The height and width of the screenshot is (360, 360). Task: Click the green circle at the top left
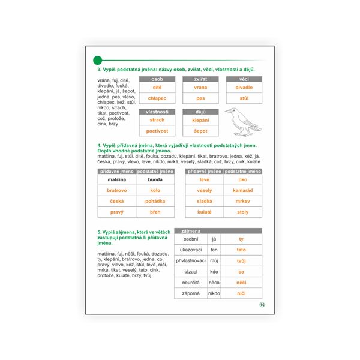click(x=98, y=59)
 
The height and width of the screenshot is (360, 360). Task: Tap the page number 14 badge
click(x=262, y=304)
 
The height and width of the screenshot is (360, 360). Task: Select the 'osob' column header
click(x=157, y=79)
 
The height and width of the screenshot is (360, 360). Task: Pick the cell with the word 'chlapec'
click(x=157, y=98)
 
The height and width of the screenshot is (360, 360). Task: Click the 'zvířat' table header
click(x=200, y=79)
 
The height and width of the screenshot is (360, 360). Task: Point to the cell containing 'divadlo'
click(x=244, y=88)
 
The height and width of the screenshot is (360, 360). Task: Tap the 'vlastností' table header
click(x=157, y=112)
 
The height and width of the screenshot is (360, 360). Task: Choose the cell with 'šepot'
click(x=200, y=131)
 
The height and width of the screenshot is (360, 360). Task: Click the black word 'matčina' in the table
click(x=116, y=179)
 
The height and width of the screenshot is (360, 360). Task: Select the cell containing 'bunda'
click(x=155, y=179)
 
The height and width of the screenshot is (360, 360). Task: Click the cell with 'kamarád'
click(x=243, y=190)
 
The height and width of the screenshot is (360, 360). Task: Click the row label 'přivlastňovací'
click(x=191, y=260)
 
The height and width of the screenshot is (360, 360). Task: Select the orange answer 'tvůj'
click(x=241, y=260)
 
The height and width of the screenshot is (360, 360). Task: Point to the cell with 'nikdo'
click(x=214, y=293)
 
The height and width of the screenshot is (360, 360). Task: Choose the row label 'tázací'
click(x=191, y=271)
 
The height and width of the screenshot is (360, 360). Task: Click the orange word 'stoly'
click(x=243, y=212)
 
